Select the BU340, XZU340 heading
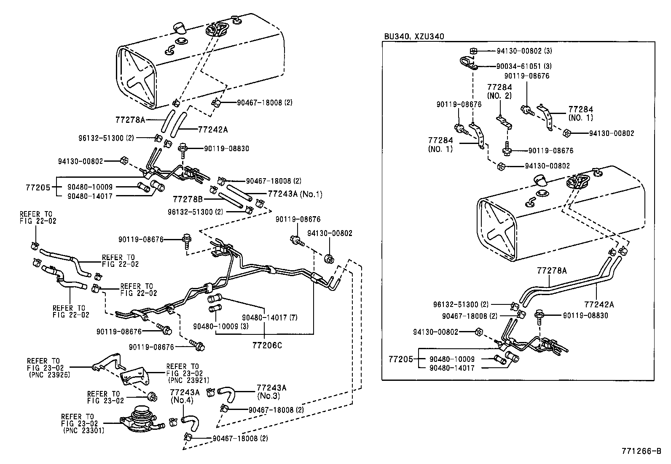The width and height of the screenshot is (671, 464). (x=413, y=36)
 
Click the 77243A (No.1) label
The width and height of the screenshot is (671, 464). (x=295, y=194)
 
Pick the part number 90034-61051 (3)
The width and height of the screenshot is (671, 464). (x=524, y=66)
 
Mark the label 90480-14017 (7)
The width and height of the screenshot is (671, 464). (x=269, y=317)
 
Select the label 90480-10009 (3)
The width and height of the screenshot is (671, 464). (x=221, y=326)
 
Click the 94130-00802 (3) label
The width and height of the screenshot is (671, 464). (x=524, y=51)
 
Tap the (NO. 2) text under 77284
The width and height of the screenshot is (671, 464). (x=499, y=95)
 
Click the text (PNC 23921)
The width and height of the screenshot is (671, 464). (x=188, y=380)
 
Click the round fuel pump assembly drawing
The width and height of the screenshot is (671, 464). (x=141, y=421)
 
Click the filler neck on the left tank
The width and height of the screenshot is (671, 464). (x=180, y=28)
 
